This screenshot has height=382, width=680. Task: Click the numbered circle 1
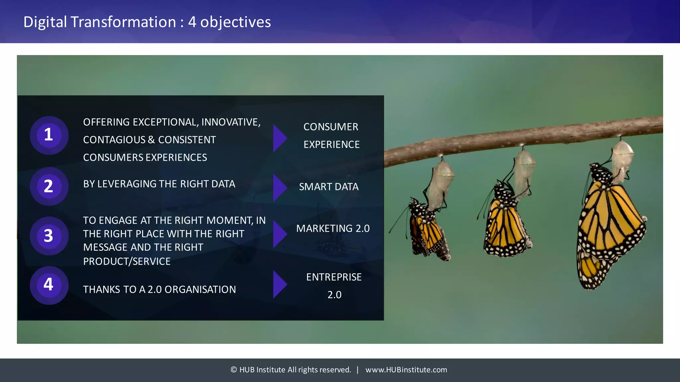click(x=49, y=135)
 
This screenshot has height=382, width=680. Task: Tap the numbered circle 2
click(x=49, y=186)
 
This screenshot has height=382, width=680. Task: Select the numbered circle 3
click(x=49, y=236)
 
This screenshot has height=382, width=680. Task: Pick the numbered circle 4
click(x=49, y=285)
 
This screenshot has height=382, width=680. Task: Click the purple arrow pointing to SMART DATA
click(x=279, y=188)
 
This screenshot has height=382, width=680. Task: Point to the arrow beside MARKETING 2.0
click(x=279, y=234)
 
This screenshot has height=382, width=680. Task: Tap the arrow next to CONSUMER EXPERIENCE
click(x=279, y=138)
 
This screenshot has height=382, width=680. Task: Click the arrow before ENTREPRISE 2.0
click(x=279, y=284)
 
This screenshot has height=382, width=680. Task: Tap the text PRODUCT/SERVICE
click(x=127, y=261)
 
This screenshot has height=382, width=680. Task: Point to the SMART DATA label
click(x=329, y=187)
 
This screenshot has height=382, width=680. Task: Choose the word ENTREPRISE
click(x=334, y=277)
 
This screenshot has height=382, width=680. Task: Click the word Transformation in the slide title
click(x=123, y=22)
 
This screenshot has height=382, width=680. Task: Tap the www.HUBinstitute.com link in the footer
click(x=406, y=370)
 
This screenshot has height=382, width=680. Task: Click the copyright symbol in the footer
click(x=233, y=370)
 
